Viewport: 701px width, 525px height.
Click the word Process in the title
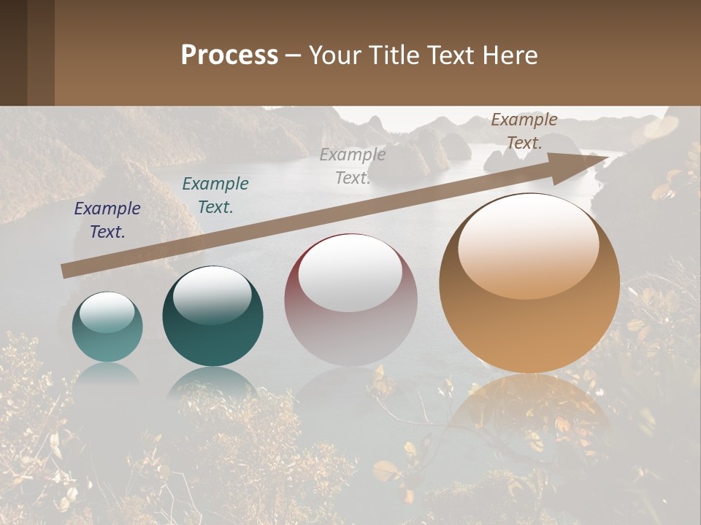pyautogui.click(x=229, y=55)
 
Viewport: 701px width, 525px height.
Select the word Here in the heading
pyautogui.click(x=509, y=55)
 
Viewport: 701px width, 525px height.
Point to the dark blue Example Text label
pyautogui.click(x=107, y=220)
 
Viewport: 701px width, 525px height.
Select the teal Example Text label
pyautogui.click(x=215, y=195)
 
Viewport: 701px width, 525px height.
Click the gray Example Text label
pyautogui.click(x=352, y=166)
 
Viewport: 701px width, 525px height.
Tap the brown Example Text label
pyautogui.click(x=524, y=131)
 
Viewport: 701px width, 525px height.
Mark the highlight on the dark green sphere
pyautogui.click(x=212, y=293)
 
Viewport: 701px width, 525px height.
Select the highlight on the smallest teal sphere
pyautogui.click(x=107, y=313)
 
